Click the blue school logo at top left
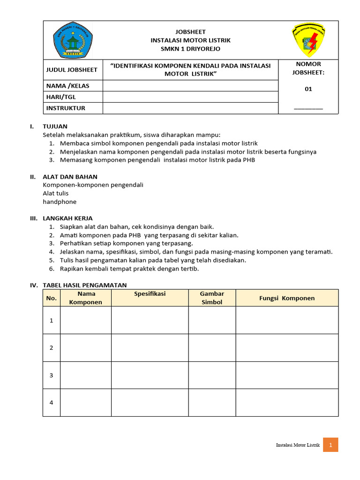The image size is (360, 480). [73, 40]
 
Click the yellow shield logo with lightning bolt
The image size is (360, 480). [308, 40]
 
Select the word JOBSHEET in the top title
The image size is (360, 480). [190, 31]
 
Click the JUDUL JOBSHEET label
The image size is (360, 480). [72, 70]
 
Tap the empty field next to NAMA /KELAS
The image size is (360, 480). [190, 85]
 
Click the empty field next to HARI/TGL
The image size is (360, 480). [190, 97]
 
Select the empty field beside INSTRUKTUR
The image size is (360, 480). [190, 108]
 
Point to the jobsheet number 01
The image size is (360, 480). [308, 89]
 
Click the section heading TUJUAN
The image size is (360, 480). [55, 127]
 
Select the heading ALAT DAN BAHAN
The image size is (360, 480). [70, 177]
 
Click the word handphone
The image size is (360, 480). [60, 202]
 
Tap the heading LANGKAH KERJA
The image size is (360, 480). [67, 218]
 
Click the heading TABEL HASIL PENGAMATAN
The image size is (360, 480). [84, 285]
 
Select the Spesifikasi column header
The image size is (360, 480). [150, 294]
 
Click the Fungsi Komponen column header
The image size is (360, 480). [287, 298]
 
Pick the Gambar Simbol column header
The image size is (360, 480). [212, 298]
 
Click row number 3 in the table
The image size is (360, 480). [52, 375]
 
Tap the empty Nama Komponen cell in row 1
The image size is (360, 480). [85, 320]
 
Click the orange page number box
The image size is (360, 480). [330, 445]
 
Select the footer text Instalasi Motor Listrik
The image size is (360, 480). [298, 445]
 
